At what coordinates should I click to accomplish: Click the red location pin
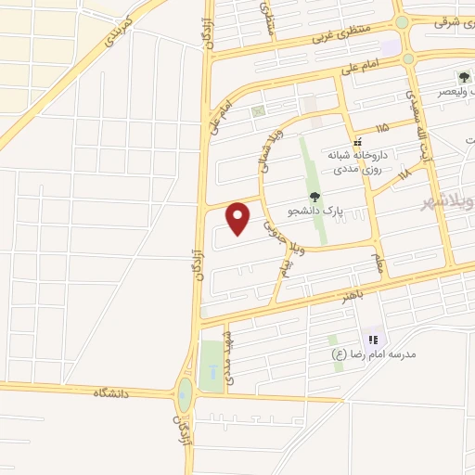coord(239,218)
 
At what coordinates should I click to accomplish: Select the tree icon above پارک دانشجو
coord(315,197)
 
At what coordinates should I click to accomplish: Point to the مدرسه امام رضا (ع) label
coord(376,354)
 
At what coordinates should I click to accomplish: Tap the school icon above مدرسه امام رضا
coord(374,340)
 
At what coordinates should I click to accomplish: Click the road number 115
coord(382,126)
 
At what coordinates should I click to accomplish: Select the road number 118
coord(404,173)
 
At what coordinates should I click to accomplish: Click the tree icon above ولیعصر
coord(463,77)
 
